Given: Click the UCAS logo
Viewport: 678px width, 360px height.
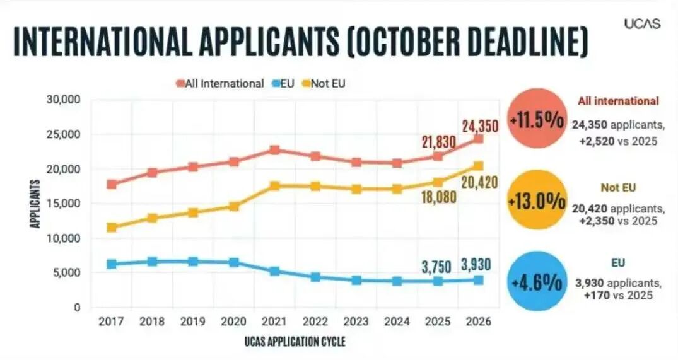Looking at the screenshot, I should [x=642, y=23].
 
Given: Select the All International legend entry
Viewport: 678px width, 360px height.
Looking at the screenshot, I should [x=220, y=83].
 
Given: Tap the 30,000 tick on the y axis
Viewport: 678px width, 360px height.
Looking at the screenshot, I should [x=62, y=100].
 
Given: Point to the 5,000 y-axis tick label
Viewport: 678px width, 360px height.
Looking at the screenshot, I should [x=66, y=273].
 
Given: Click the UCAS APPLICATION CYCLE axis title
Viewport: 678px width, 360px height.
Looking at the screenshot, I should [x=295, y=341].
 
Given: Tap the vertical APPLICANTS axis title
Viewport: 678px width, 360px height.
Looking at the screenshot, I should [x=36, y=204].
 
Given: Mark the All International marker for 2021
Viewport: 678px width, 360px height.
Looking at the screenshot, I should [x=274, y=150].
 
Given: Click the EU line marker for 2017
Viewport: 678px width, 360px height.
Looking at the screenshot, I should [x=112, y=264].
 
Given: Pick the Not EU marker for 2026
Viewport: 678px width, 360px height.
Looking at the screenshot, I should [x=478, y=166].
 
